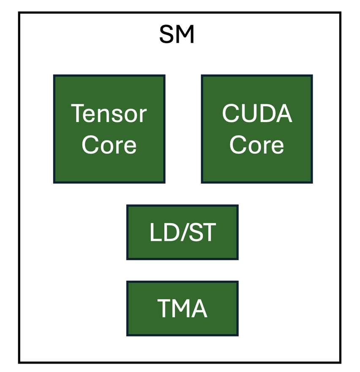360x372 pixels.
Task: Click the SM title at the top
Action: click(x=177, y=35)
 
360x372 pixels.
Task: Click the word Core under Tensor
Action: click(x=109, y=145)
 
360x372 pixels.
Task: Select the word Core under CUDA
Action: click(x=257, y=145)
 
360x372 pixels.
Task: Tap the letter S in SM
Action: click(x=167, y=35)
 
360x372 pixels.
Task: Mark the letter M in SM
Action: click(x=185, y=35)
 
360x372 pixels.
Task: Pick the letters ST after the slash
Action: click(x=201, y=232)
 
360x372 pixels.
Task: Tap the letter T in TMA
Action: click(x=164, y=308)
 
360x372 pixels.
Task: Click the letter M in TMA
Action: click(x=181, y=308)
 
